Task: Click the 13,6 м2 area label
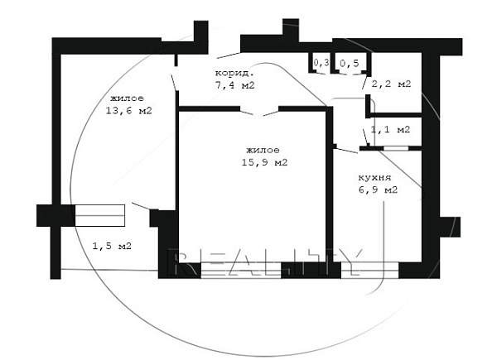click(128, 111)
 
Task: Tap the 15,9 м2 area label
click(265, 162)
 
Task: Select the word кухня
click(374, 178)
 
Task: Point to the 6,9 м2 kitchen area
click(378, 190)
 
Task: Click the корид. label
click(234, 73)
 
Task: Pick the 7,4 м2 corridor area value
click(235, 85)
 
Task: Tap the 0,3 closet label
click(321, 63)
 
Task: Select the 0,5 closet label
click(350, 64)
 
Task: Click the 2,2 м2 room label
click(391, 84)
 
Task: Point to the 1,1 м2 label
click(390, 129)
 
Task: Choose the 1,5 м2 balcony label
click(112, 246)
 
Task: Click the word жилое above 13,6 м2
click(127, 98)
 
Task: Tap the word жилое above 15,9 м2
click(263, 150)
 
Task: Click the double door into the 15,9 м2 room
click(259, 112)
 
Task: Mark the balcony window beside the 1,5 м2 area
click(100, 215)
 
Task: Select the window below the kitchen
click(369, 270)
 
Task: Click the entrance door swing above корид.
click(229, 55)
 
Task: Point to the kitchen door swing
click(347, 150)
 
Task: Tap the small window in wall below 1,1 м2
click(396, 148)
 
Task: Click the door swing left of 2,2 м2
click(365, 83)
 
